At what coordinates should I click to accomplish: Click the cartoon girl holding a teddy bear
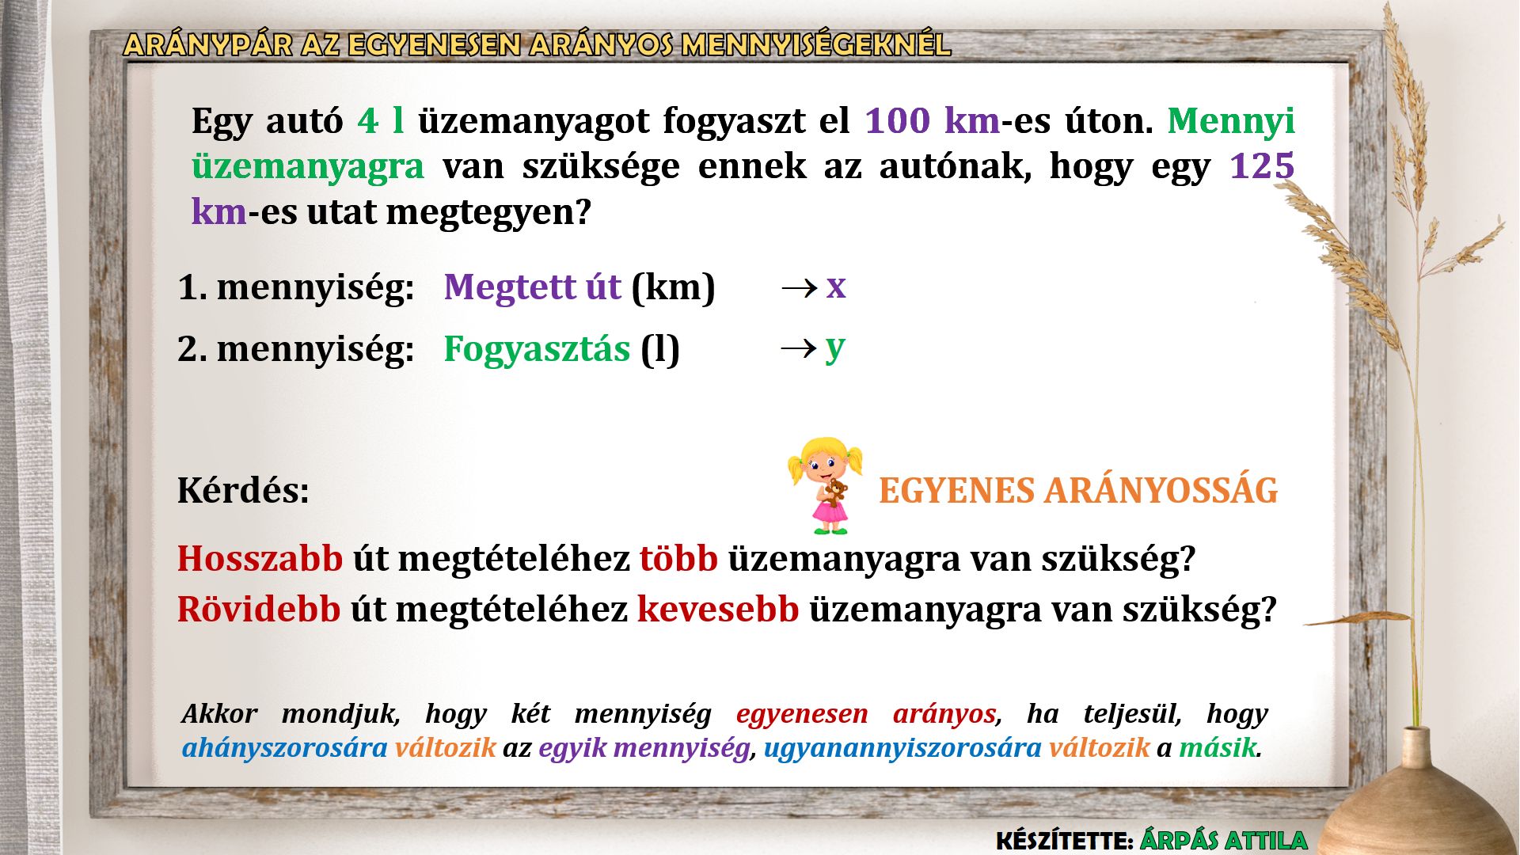tap(825, 485)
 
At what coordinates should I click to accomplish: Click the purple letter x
tap(836, 286)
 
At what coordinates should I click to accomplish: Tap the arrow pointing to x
tap(799, 287)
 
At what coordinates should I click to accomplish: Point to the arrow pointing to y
tap(799, 348)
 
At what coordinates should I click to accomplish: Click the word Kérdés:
tap(243, 490)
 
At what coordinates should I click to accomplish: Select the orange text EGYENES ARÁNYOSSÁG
tap(1078, 490)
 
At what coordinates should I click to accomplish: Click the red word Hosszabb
tap(260, 559)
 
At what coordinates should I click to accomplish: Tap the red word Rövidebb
tap(259, 610)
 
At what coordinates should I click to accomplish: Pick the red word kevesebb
tap(718, 610)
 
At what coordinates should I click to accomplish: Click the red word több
tap(678, 559)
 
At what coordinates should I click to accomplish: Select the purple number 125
tap(1262, 166)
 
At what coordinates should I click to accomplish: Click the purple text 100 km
tap(933, 120)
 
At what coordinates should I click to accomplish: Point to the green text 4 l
tap(381, 120)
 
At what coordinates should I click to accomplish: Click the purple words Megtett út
tap(532, 287)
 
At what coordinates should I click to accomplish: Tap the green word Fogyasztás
tap(537, 349)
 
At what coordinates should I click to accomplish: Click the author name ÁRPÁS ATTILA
tap(1223, 840)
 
